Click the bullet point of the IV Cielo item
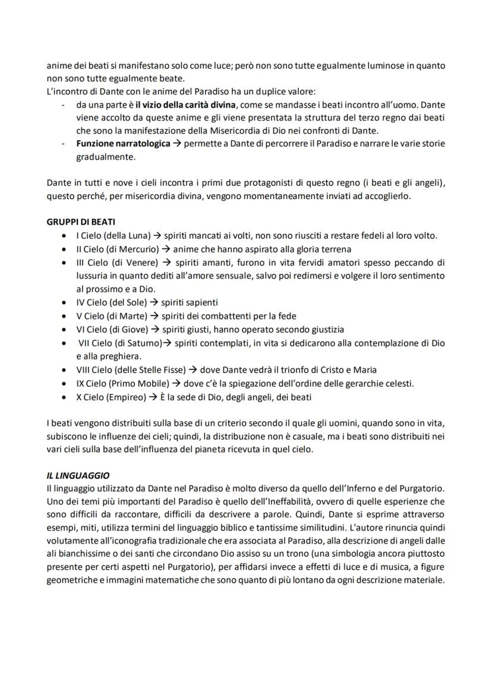click(64, 302)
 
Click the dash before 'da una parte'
click(64, 105)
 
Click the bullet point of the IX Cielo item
click(64, 383)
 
